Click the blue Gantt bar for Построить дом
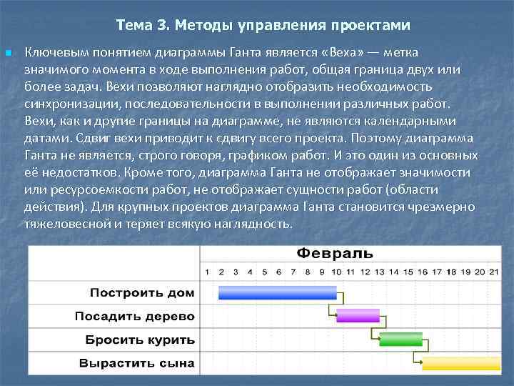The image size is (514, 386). click(277, 292)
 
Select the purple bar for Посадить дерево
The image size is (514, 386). click(358, 315)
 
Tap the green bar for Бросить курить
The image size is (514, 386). click(400, 339)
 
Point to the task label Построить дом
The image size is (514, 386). click(142, 292)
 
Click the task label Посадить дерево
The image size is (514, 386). click(135, 316)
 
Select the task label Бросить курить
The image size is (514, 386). click(140, 340)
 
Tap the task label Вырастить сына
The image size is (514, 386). click(136, 363)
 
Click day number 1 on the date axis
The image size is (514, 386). click(207, 272)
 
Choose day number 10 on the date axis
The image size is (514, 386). click(336, 272)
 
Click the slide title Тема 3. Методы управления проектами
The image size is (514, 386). click(263, 26)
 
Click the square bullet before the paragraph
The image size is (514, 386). click(8, 53)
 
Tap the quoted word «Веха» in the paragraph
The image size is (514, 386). click(354, 53)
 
